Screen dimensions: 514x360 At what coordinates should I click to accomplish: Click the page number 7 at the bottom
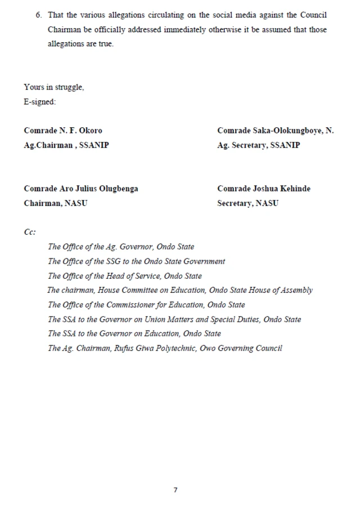[175, 490]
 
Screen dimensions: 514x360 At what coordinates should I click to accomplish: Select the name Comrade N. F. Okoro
[63, 131]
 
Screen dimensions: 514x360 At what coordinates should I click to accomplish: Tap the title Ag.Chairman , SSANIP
[66, 145]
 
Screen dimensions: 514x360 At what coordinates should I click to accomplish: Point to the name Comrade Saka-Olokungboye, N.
[275, 131]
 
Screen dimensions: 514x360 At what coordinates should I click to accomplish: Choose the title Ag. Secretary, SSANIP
[258, 145]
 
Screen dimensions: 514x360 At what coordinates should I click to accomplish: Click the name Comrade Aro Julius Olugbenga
[80, 189]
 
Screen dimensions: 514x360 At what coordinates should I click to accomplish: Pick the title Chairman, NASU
[56, 203]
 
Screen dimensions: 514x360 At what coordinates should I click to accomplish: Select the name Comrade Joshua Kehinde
[264, 189]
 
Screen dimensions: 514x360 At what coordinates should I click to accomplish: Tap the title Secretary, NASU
[247, 203]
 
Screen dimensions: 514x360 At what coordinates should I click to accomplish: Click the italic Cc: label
[30, 232]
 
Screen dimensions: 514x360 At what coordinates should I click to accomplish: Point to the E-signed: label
[40, 102]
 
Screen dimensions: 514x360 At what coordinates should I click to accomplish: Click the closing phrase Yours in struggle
[53, 87]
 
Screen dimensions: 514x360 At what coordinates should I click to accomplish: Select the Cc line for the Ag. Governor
[121, 247]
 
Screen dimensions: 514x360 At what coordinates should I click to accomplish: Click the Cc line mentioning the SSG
[136, 261]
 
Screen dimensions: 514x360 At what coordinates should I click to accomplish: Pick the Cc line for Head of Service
[124, 276]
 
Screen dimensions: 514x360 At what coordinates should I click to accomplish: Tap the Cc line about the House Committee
[180, 290]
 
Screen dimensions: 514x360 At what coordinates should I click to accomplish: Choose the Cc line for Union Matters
[174, 319]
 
